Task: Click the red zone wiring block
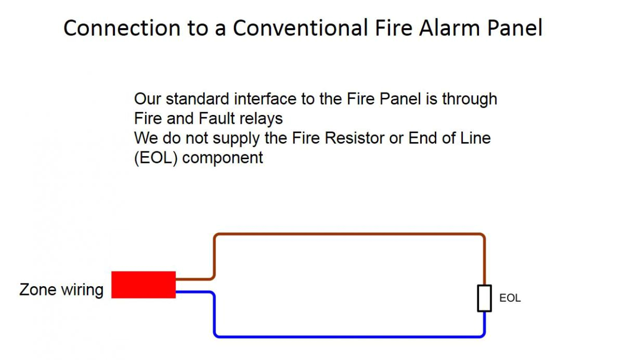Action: coord(144,285)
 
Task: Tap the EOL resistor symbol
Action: coord(485,299)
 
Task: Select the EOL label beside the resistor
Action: coord(510,299)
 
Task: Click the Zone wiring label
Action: coord(61,289)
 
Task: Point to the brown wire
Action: coord(348,235)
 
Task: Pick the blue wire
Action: coord(348,336)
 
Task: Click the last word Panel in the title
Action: coord(515,28)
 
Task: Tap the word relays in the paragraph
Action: coord(262,119)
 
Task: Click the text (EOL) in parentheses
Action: coord(156,158)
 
